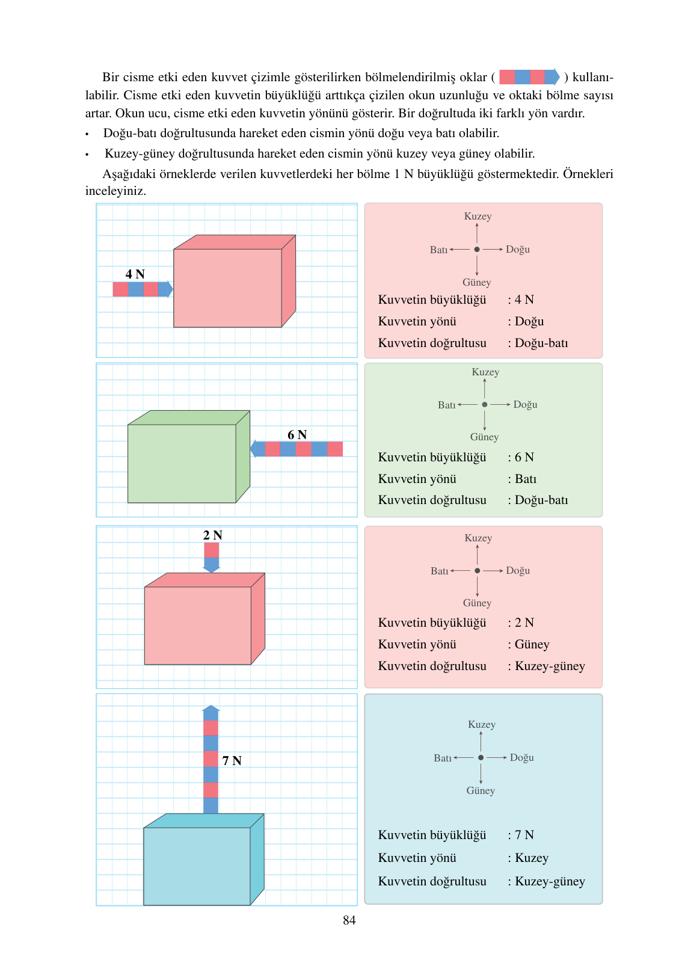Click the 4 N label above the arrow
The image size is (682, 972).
(x=135, y=274)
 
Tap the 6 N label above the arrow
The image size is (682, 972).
(x=297, y=435)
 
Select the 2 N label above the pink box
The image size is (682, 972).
(x=212, y=535)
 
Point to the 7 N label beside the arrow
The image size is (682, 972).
(x=232, y=761)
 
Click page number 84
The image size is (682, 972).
(x=349, y=920)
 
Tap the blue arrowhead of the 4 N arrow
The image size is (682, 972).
(x=167, y=289)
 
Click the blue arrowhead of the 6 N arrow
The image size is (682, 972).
(x=257, y=449)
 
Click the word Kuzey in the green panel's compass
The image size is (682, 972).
(x=485, y=372)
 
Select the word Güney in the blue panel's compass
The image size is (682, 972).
(x=481, y=791)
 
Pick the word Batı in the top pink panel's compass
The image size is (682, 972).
(x=438, y=250)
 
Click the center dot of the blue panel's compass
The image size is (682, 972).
(x=481, y=758)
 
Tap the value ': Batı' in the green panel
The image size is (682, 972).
(x=522, y=479)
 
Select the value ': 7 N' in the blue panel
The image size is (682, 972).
(x=521, y=835)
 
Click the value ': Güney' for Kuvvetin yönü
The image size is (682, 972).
(x=529, y=645)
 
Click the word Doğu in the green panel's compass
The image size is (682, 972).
(x=525, y=405)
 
